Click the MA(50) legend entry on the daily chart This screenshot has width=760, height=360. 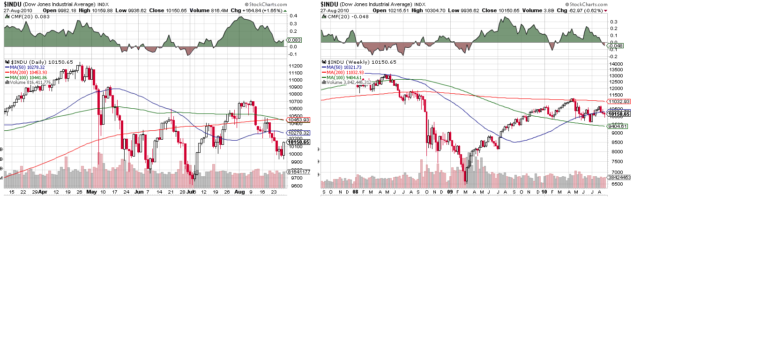28,67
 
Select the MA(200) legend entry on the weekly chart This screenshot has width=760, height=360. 345,73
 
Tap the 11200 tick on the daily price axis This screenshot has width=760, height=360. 296,66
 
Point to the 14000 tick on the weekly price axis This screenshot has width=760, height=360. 616,64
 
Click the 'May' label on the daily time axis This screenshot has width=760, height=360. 91,192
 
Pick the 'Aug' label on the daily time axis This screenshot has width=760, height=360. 239,192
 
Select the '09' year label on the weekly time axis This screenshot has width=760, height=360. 450,192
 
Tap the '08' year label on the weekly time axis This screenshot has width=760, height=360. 355,192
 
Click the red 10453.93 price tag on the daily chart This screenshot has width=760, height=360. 298,120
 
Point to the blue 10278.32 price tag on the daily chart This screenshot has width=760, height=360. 298,133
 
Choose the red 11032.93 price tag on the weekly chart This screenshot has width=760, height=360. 619,102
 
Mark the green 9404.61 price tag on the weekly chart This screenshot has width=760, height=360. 617,127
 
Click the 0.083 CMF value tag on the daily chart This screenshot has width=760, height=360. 294,40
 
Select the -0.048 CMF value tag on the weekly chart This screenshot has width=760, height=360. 616,46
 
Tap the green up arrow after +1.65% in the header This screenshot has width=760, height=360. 285,11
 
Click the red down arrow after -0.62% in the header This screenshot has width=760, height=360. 606,11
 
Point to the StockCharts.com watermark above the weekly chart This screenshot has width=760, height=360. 586,5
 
